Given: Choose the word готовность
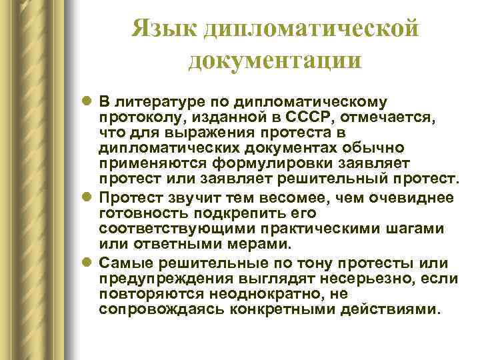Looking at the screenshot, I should point(139,214).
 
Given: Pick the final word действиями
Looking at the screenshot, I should point(400,310).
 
